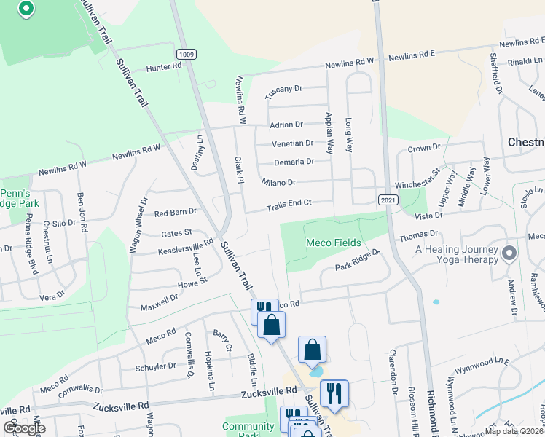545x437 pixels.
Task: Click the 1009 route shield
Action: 186,54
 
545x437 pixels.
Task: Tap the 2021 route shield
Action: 388,200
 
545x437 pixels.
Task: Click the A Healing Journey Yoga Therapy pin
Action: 509,254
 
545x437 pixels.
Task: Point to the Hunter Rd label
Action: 163,67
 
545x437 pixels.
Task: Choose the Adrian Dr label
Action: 286,125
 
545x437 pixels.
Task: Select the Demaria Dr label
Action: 294,162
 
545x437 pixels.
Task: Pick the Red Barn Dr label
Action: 176,213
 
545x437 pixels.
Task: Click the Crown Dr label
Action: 424,148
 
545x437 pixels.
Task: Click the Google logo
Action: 25,428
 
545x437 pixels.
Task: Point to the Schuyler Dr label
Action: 156,366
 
